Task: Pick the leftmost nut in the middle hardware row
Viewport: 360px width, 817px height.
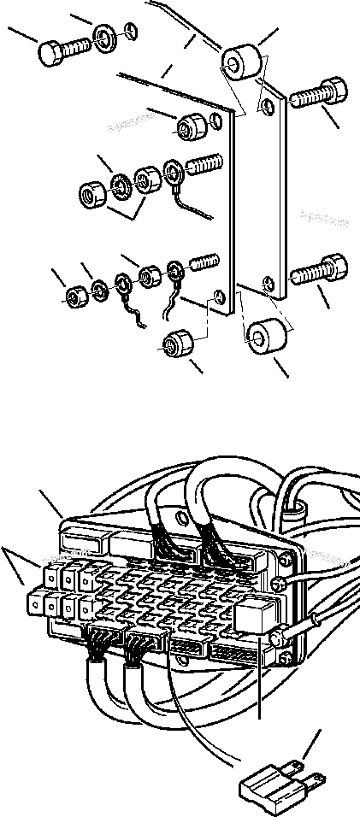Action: coord(91,192)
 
